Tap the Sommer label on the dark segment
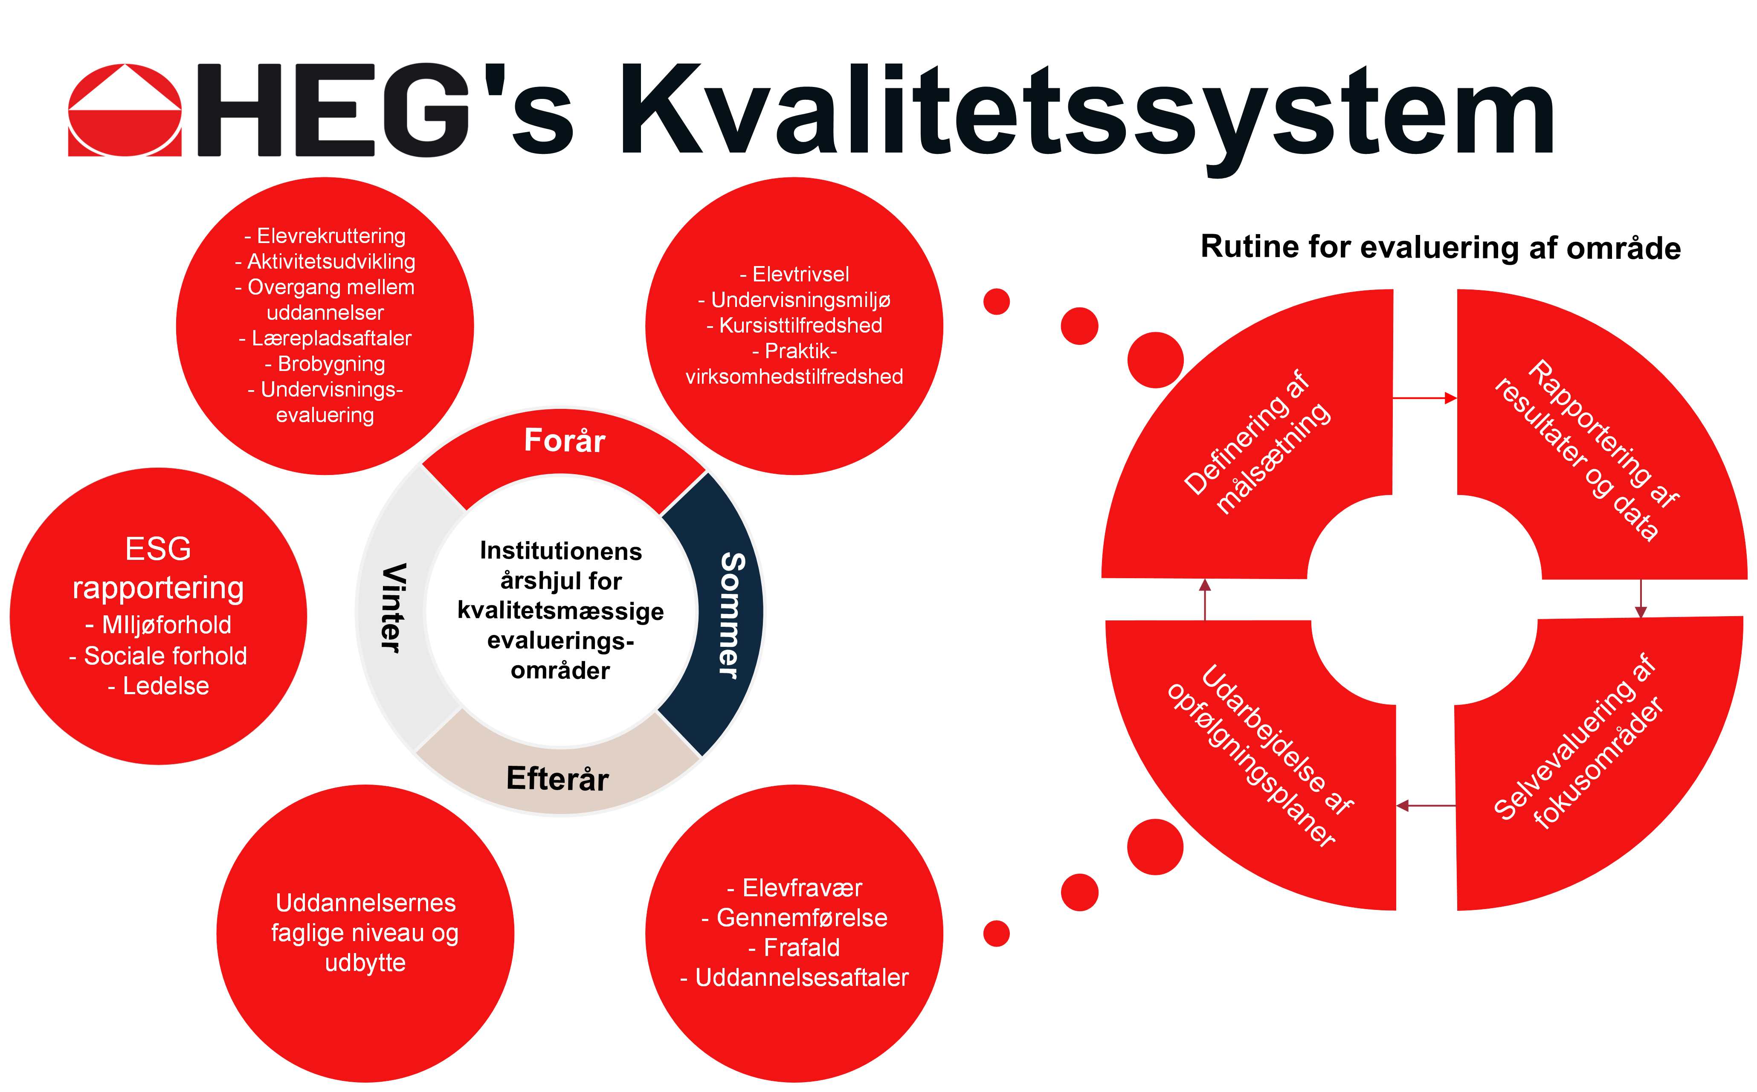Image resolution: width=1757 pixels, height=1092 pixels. tap(732, 615)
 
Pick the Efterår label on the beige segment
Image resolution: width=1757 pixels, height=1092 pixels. tap(557, 779)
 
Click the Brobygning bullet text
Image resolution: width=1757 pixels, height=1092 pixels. tap(325, 364)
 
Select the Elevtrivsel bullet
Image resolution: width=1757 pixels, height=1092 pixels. tap(794, 275)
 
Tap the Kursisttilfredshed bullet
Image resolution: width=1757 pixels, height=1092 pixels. tap(794, 326)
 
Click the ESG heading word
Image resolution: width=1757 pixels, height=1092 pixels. tap(158, 549)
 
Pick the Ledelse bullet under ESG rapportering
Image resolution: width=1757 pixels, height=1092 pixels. tap(158, 686)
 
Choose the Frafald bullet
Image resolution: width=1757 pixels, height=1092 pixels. tap(794, 947)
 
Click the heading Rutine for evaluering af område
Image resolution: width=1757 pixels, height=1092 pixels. tap(1441, 248)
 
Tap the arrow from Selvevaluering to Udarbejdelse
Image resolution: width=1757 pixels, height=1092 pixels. tap(1426, 805)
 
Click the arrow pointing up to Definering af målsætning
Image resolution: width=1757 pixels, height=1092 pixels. tap(1205, 600)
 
